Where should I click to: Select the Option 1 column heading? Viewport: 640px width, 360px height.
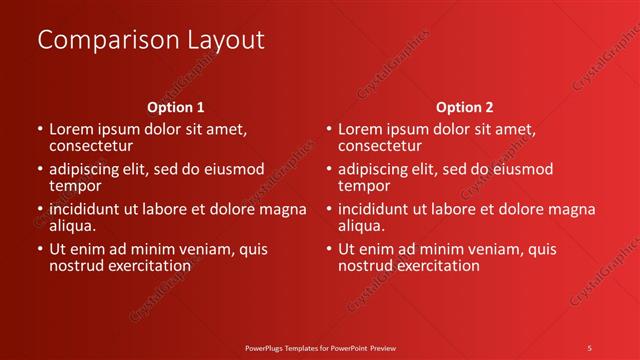176,106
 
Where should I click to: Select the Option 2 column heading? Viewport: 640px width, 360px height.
465,106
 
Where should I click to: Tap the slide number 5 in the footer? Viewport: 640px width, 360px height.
589,347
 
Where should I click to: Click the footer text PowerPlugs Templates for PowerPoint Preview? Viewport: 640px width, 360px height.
320,347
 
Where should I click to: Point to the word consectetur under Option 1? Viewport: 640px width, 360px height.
91,146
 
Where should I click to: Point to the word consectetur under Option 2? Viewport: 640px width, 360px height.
381,146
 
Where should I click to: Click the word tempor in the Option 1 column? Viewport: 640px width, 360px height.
75,186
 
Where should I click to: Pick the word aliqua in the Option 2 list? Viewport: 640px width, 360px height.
362,226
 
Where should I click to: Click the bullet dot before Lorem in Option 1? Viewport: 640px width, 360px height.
39,130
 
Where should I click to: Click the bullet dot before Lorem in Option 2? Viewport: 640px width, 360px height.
328,130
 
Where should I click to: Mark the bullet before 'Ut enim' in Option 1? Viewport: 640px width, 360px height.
39,250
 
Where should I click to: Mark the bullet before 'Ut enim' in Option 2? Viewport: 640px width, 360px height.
328,250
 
